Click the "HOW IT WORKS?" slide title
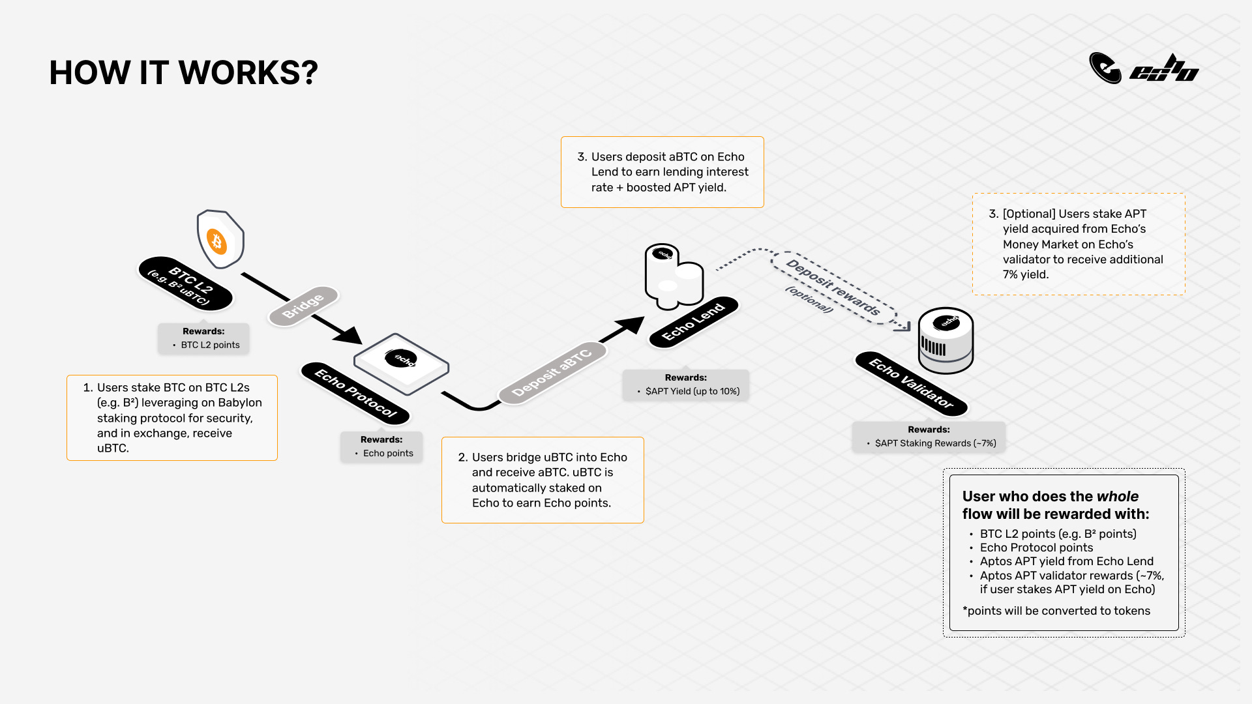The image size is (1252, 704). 183,72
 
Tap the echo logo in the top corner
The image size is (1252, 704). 1143,68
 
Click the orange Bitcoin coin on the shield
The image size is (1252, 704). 217,242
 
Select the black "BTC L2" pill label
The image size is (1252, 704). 186,284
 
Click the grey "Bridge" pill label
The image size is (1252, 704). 303,306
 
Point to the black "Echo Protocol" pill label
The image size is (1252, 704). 355,393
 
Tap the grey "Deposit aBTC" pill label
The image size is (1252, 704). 552,372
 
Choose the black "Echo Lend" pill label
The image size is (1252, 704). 693,322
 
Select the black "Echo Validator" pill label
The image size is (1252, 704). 912,384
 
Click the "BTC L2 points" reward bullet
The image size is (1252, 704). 210,345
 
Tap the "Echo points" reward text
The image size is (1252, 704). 388,453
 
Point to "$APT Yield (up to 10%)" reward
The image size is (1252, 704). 692,391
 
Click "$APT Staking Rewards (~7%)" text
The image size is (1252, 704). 935,443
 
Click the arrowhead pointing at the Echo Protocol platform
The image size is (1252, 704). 349,335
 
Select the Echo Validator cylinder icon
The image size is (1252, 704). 946,340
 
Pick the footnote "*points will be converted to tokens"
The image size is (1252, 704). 1056,611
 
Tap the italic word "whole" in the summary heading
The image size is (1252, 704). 1117,496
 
